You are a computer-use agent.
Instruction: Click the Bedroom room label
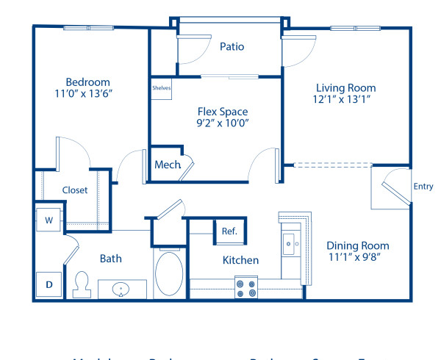tap(87, 82)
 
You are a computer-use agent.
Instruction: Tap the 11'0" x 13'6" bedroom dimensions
tap(87, 94)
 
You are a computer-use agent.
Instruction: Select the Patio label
tap(232, 46)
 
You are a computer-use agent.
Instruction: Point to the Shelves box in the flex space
tap(161, 88)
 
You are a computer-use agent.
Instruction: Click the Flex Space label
tap(222, 112)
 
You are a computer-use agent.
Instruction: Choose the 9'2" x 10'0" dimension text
tap(222, 124)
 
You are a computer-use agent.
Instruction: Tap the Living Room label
tap(345, 87)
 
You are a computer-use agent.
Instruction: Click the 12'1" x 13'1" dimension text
tap(345, 100)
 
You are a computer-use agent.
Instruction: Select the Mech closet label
tap(168, 165)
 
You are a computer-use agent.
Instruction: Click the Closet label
tap(75, 190)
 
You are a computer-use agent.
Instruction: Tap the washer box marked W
tap(49, 220)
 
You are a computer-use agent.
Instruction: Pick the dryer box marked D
tap(49, 284)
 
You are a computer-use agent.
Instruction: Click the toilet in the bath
tap(82, 282)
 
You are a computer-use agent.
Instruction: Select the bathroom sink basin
tap(122, 290)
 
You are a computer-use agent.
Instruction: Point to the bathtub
tap(171, 275)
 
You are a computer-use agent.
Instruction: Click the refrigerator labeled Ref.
tap(229, 231)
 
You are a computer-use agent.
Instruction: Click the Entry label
tap(423, 186)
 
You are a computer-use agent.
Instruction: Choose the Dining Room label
tap(358, 245)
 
